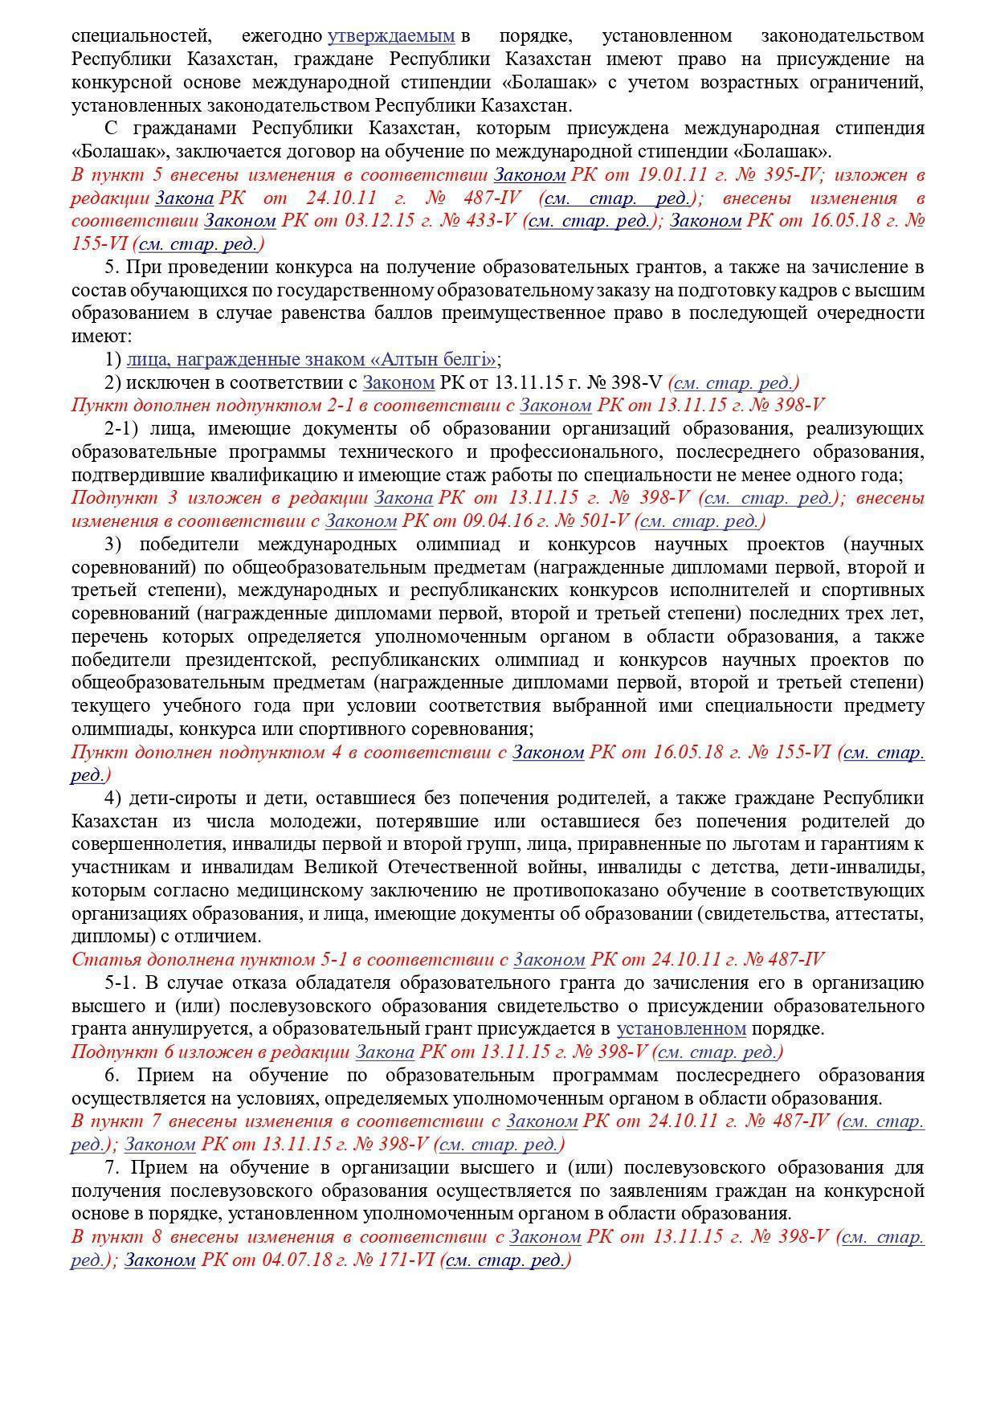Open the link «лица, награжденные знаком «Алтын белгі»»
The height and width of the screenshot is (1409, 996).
pos(312,360)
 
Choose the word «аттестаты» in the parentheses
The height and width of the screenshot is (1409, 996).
pos(881,914)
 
